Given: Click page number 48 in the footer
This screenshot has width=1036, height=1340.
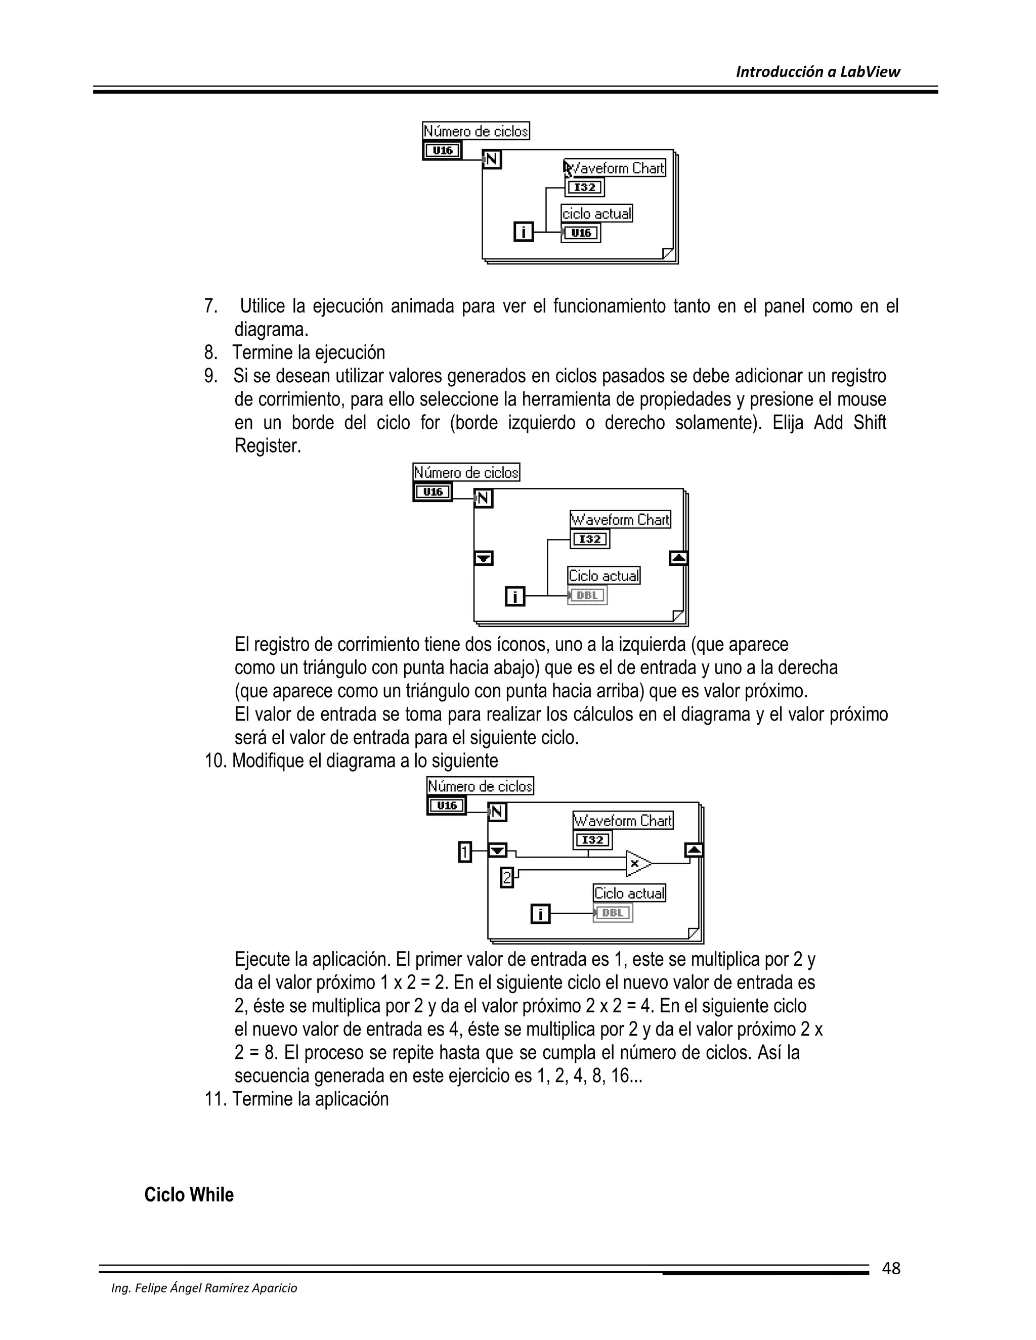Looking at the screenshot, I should (890, 1268).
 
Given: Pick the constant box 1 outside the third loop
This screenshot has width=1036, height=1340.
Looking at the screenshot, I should (465, 852).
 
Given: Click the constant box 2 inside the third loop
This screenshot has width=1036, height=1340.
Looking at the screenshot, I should (507, 877).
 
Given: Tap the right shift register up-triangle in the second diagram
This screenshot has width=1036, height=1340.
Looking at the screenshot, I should (678, 558).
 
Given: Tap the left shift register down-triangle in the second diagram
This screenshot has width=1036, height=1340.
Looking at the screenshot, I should (484, 558).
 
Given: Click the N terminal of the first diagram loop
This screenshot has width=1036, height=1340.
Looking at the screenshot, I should (492, 160).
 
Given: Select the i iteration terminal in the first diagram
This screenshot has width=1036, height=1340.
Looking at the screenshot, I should (524, 232).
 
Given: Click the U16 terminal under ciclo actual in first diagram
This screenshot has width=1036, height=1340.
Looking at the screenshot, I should (581, 233).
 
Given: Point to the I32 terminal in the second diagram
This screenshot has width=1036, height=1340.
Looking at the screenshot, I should (589, 539).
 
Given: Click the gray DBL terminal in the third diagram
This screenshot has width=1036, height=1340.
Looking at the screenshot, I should (613, 913).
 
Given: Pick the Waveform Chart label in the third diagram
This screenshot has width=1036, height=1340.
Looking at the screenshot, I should (623, 820).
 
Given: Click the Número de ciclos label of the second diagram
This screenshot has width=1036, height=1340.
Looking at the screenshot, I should (466, 472).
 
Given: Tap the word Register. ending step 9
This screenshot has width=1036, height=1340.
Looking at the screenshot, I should (268, 446).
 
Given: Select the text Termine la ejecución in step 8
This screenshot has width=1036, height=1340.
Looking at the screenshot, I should (309, 353).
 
